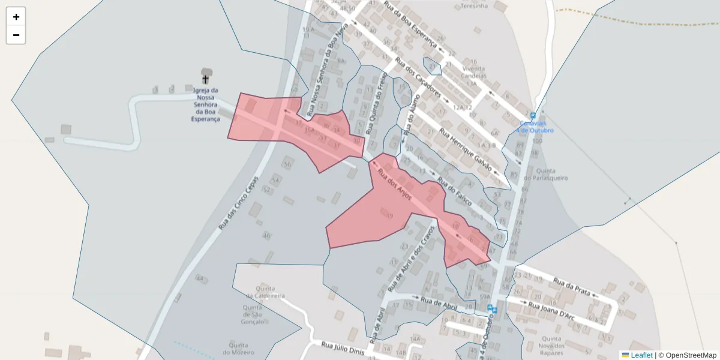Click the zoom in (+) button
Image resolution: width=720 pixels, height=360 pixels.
tap(16, 17)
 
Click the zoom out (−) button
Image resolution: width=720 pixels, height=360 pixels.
tap(16, 35)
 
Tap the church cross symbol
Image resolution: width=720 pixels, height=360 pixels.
tap(205, 79)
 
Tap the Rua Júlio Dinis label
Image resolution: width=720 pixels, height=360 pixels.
tap(343, 348)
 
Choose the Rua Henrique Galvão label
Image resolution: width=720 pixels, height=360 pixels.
tap(466, 149)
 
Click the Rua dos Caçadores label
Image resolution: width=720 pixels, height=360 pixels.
tap(418, 77)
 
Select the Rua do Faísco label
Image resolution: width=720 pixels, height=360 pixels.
tap(455, 191)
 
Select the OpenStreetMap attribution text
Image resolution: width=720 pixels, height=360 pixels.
tap(690, 355)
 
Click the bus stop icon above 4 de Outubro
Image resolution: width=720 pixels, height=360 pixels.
tap(533, 116)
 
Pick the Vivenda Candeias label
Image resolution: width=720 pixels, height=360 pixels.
tap(474, 73)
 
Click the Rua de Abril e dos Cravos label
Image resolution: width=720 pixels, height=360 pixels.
tap(412, 256)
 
